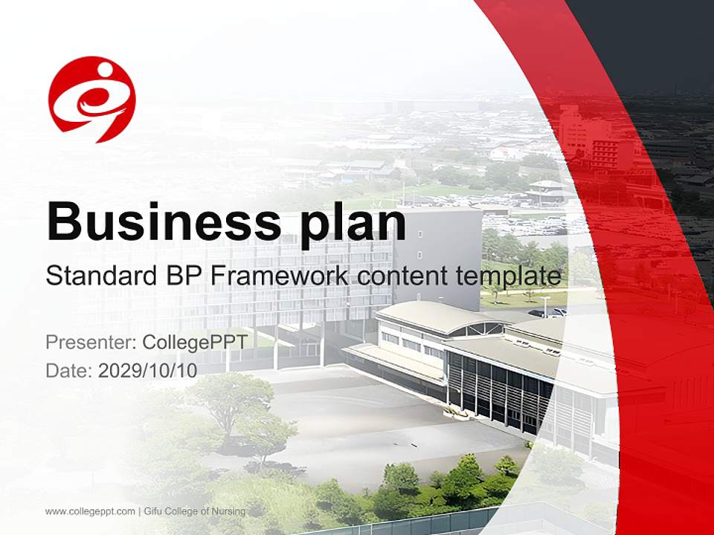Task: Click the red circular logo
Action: pos(92,99)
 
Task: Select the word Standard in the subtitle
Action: pos(97,276)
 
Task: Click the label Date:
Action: pos(69,371)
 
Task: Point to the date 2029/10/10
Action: pos(147,371)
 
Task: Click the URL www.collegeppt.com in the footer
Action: pos(90,511)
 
